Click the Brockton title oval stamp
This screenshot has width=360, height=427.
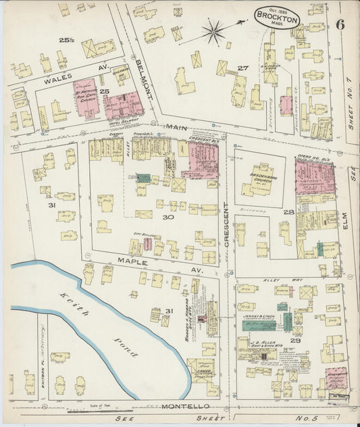(277, 17)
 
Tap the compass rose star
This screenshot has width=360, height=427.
(213, 30)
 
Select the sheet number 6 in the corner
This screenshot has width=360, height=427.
(340, 24)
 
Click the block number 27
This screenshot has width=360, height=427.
(242, 68)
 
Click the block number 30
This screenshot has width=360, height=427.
(168, 218)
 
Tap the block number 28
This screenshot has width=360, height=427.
(288, 213)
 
